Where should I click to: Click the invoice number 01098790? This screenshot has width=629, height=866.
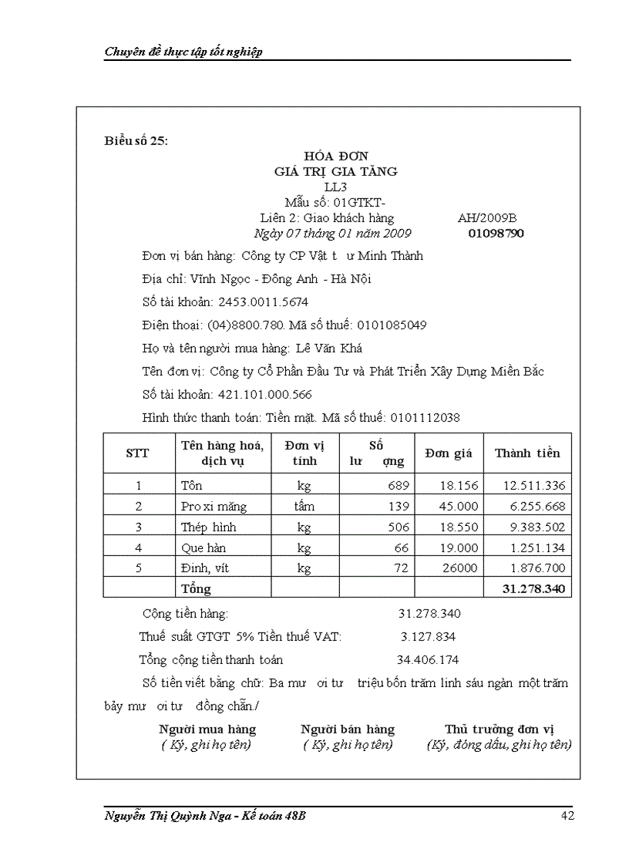[x=496, y=233]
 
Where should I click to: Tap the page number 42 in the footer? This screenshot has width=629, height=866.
[x=567, y=817]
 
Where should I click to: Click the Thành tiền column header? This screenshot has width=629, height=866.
[x=527, y=453]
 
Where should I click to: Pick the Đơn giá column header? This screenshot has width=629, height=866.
[x=448, y=453]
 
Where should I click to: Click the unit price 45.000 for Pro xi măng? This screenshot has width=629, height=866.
[x=459, y=507]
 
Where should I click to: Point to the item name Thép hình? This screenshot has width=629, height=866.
[x=208, y=527]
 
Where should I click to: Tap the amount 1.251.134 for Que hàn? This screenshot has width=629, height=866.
[x=534, y=548]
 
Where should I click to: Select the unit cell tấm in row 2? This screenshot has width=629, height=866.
[x=304, y=507]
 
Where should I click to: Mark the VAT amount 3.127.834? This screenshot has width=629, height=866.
[x=428, y=637]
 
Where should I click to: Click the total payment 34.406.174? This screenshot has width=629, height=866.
[x=428, y=660]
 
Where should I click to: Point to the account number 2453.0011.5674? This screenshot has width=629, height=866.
[x=264, y=302]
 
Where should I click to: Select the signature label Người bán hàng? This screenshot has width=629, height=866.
[x=348, y=730]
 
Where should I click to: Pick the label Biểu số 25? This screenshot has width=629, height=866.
[x=136, y=140]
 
